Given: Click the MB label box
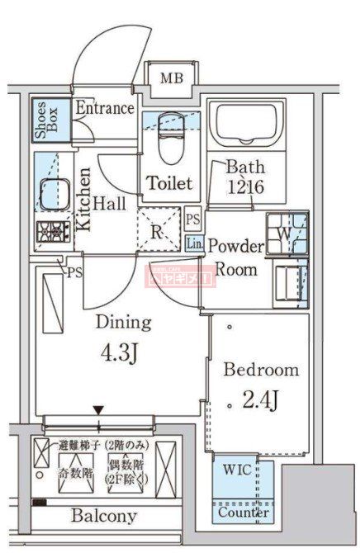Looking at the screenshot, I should coord(172,79).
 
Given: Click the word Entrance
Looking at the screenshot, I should coord(104,108).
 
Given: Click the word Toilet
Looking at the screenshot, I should coord(170,183).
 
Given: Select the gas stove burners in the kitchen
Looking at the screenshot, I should coord(53,232).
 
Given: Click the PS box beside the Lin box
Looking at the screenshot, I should coord(193,220).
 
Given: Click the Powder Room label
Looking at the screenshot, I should coord(235,258).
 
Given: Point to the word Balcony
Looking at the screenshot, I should coord(103,516).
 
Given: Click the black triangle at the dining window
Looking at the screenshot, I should coord(99,410).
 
